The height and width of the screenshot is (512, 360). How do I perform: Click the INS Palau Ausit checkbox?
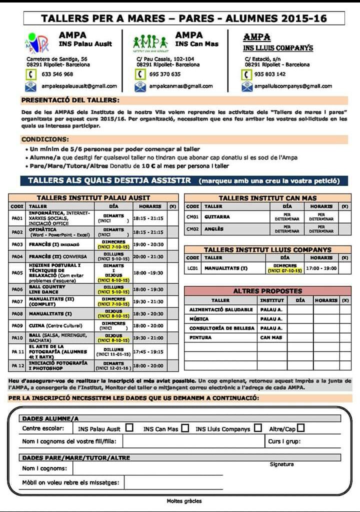pos(129,428)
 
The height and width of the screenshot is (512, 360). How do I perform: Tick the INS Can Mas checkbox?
pos(185,428)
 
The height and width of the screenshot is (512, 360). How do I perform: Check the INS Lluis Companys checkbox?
pos(257,428)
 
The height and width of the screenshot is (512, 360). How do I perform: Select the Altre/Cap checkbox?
pos(300,428)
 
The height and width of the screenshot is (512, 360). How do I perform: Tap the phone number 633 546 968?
pos(57,74)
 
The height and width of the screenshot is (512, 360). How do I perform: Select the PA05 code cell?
pos(17,273)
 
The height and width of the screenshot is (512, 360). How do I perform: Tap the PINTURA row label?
pos(200,337)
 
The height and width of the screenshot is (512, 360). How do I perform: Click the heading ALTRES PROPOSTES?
pos(267,290)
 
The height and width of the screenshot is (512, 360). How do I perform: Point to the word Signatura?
pos(282,464)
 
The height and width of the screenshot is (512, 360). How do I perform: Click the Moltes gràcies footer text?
pos(184,500)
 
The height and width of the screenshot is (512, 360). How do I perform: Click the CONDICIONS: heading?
pos(45,139)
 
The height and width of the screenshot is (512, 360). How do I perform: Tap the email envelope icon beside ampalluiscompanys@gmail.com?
pos(247,86)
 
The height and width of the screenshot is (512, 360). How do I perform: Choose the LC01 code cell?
pos(192,268)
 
